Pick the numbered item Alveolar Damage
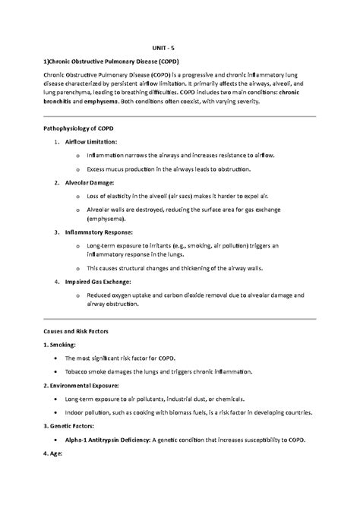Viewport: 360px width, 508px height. (x=90, y=183)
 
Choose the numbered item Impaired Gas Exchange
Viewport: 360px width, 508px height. (x=99, y=281)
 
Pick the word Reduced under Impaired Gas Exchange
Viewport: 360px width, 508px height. (x=100, y=295)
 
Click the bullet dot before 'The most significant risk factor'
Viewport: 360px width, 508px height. (x=50, y=358)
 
